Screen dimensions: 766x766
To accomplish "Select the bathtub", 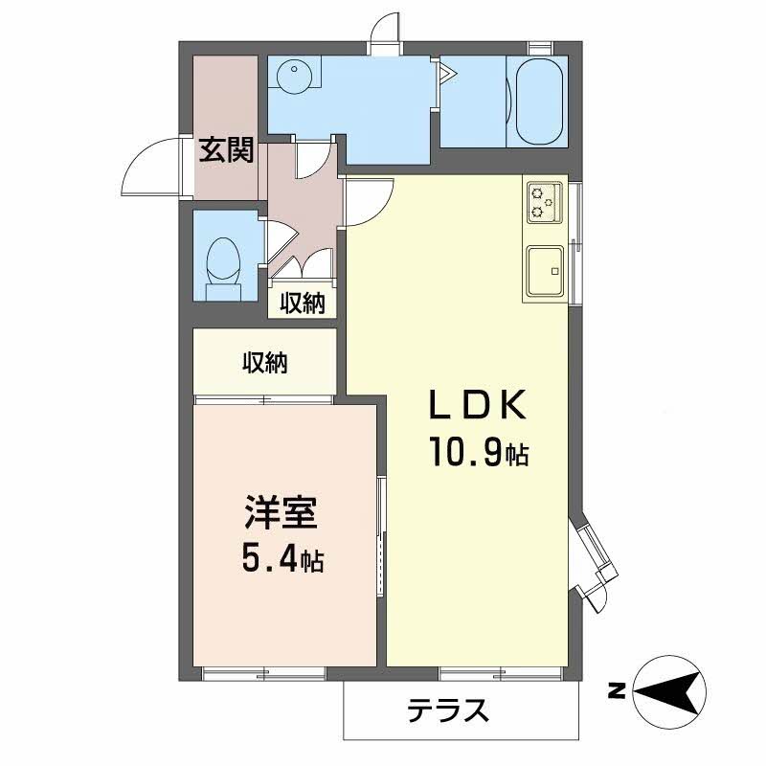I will click(x=536, y=101).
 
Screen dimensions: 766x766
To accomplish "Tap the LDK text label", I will click(x=476, y=406).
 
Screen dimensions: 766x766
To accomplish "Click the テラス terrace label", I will click(x=448, y=710).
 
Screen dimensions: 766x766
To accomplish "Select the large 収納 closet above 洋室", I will click(x=264, y=363).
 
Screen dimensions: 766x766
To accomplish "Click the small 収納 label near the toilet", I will click(x=303, y=304).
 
